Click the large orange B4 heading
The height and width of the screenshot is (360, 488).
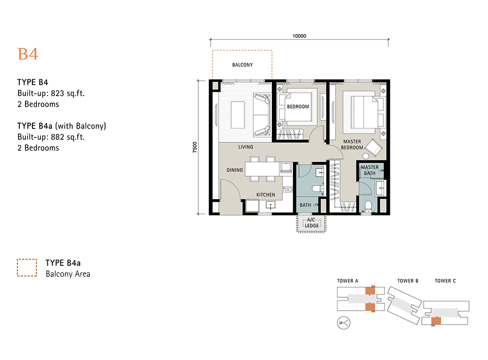pos(28,54)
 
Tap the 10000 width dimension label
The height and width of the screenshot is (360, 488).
pos(299,36)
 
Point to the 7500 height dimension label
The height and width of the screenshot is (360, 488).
pos(195,147)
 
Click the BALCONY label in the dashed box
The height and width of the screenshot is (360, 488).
pos(243,65)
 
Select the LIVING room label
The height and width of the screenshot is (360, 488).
pos(245,147)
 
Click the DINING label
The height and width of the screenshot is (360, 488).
pos(235,170)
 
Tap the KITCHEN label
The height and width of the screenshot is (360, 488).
pos(265,195)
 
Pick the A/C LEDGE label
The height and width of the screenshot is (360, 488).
pos(312,223)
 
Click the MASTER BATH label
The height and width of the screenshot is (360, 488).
pos(369,170)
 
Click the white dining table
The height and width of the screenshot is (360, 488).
pos(262,169)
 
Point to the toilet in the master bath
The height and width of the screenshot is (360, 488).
pos(368,206)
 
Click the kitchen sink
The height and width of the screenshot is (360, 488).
pos(270,205)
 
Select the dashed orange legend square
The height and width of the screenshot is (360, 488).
pos(27,267)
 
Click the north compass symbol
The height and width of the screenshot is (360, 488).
pos(344,323)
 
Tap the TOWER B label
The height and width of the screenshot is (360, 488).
pos(408,281)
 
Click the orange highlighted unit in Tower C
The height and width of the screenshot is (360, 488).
pos(436,321)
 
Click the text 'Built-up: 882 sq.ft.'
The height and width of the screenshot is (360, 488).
pos(51,137)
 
